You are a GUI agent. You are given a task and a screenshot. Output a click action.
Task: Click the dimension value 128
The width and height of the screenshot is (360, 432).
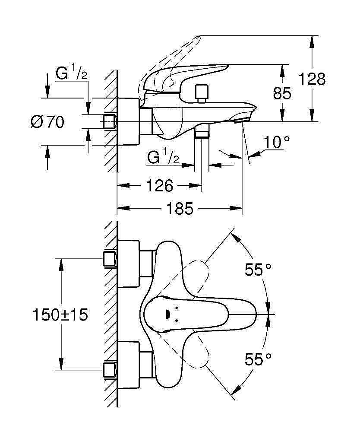pos(313,79)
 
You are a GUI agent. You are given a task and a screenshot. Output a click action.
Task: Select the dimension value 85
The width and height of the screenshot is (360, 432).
pos(282,93)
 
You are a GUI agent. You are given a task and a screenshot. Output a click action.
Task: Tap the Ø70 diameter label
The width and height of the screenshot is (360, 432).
pos(47,122)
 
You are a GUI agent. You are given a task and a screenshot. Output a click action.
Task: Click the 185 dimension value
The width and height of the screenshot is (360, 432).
pos(180,209)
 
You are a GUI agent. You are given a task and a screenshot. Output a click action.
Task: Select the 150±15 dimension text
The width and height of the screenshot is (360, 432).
pos(60,314)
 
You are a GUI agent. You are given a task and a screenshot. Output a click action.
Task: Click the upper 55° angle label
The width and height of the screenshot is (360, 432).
pos(258,270)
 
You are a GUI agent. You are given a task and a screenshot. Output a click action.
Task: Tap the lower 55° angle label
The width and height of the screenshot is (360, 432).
pos(258,359)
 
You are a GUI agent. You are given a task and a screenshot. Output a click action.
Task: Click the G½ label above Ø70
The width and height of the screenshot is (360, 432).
pos(72,73)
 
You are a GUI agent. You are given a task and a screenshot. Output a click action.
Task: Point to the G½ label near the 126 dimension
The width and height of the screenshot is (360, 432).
pos(163,157)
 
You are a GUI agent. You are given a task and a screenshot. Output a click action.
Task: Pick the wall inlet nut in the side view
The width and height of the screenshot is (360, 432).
pos(110,122)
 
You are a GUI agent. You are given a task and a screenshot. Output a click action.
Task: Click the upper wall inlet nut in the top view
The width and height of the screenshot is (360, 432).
pos(110,259)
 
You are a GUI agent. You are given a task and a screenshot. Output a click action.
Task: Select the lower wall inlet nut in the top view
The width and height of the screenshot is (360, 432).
pos(110,370)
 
